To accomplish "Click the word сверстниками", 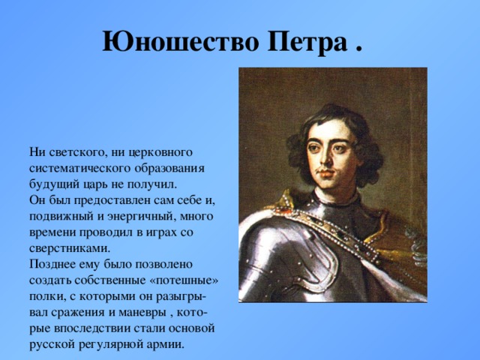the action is pyautogui.click(x=70, y=248).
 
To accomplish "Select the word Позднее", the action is pyautogui.click(x=50, y=264).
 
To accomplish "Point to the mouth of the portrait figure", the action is pyautogui.click(x=326, y=175).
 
